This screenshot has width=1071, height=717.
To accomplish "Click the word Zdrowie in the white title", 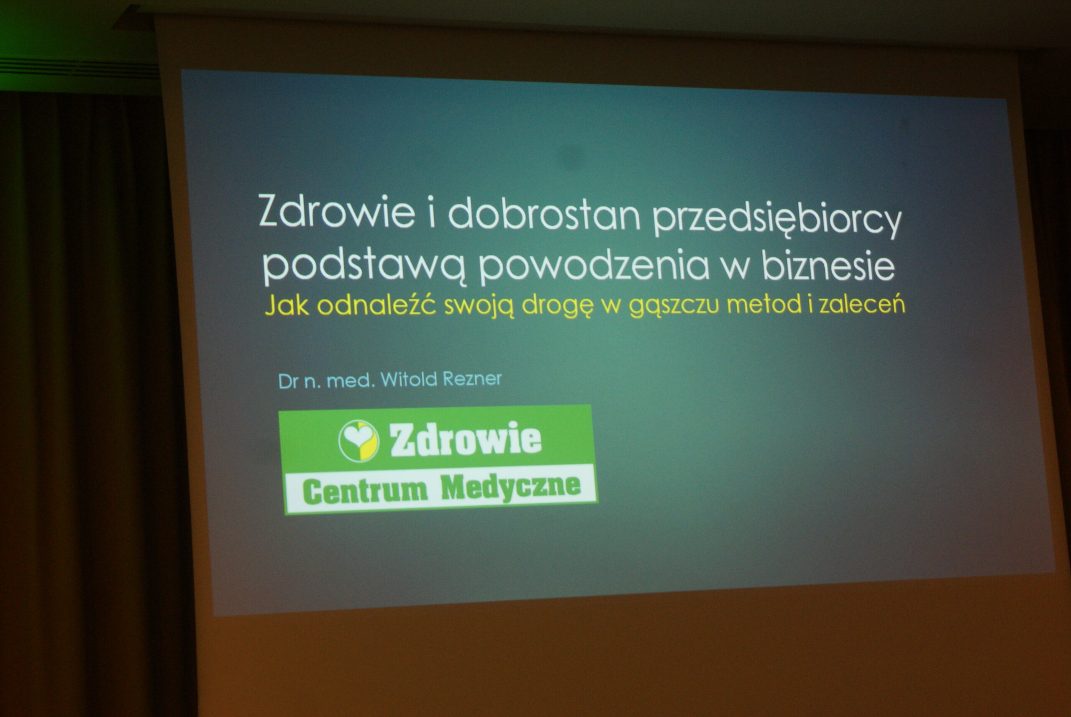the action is (x=337, y=212).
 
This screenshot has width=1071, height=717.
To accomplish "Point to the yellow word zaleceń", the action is (x=862, y=303).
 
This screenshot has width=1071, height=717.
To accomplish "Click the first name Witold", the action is (x=408, y=379).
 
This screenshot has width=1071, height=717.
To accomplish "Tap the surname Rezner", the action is (x=471, y=379).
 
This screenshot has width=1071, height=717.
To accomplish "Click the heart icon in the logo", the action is (x=359, y=441).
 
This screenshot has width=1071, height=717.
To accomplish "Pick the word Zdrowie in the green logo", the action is (x=466, y=439).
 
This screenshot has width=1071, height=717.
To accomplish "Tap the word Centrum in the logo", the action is (x=365, y=491).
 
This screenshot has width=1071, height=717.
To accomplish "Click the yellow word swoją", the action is (x=479, y=306).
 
